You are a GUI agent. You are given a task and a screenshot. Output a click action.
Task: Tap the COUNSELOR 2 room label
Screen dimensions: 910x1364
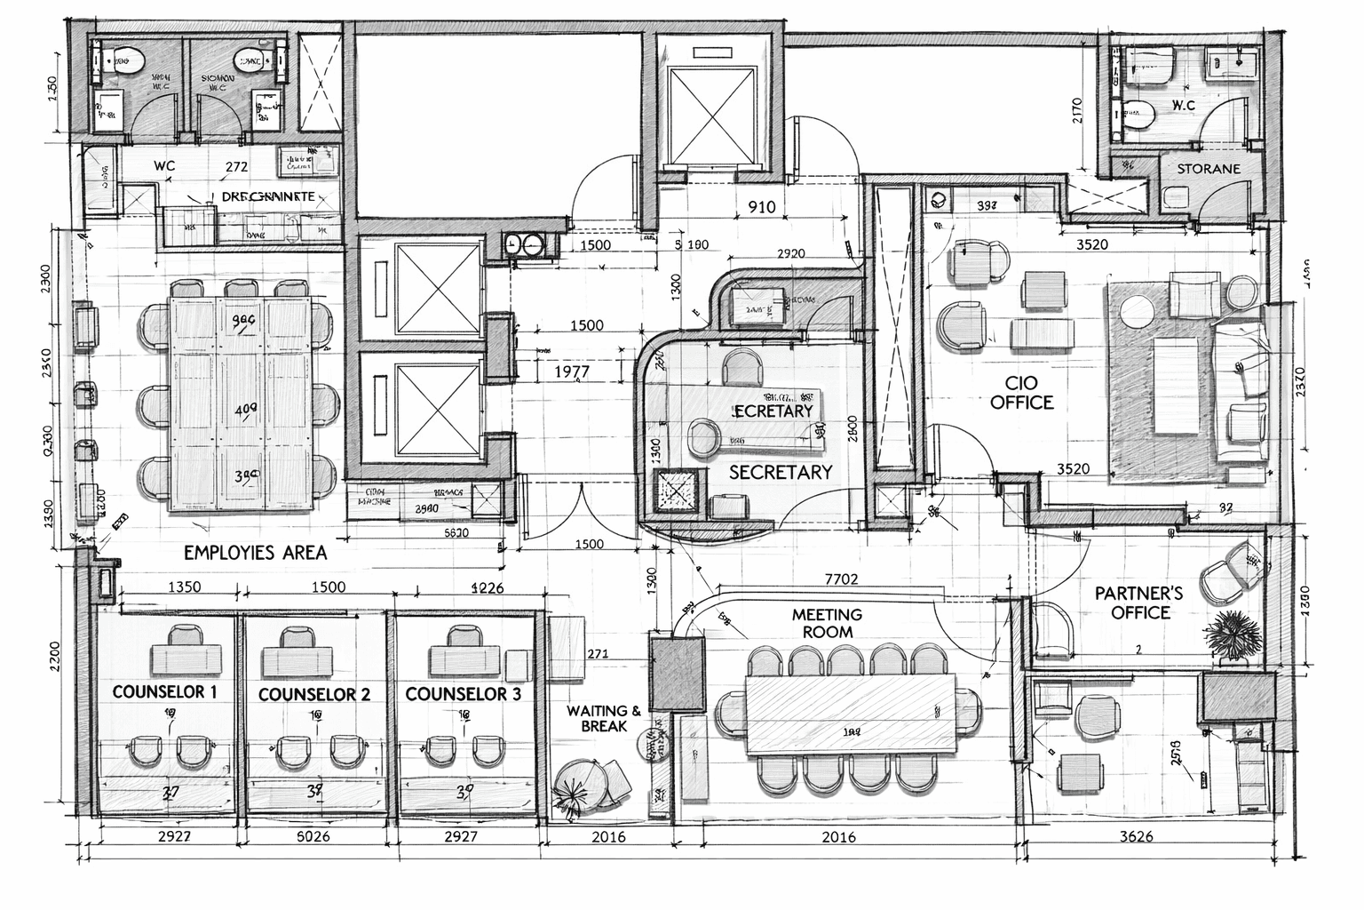click(x=313, y=694)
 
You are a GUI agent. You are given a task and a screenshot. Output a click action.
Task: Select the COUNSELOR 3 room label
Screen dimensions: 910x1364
click(x=463, y=694)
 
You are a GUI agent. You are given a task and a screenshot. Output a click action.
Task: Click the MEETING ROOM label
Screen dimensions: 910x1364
click(x=827, y=623)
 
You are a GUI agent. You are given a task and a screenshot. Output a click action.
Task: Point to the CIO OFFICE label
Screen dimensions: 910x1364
click(x=1021, y=392)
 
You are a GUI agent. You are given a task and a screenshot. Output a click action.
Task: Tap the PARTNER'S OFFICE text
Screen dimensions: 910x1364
click(x=1139, y=603)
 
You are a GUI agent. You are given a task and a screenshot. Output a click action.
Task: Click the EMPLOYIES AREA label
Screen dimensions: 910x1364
click(x=255, y=552)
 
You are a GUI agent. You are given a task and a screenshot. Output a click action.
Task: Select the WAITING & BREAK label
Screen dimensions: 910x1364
click(x=604, y=718)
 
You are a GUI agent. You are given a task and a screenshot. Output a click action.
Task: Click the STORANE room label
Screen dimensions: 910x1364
click(x=1209, y=168)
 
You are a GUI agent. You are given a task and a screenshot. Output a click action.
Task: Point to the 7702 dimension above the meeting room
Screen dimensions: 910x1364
click(x=841, y=579)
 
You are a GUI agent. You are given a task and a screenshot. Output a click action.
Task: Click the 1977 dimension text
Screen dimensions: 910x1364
click(x=571, y=372)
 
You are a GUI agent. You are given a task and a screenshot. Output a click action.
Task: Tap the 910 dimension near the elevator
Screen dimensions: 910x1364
click(x=761, y=207)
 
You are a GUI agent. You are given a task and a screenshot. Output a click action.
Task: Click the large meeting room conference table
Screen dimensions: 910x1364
click(x=851, y=713)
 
